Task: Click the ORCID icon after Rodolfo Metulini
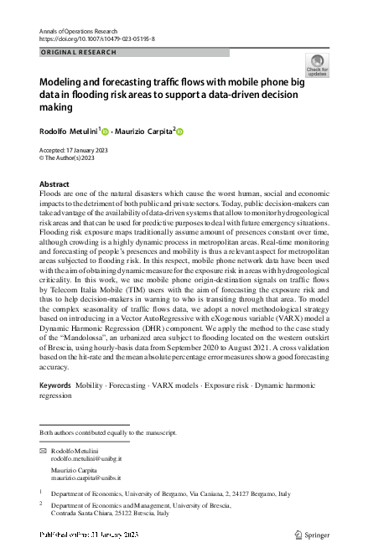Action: (x=106, y=132)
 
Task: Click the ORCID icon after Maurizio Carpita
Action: (x=179, y=132)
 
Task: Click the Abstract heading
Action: (x=55, y=183)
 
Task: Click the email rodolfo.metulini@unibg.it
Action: (x=86, y=459)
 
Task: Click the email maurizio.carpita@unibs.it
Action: (x=86, y=478)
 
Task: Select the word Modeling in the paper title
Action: (x=64, y=84)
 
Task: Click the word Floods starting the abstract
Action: (x=51, y=194)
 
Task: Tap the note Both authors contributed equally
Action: (x=108, y=432)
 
